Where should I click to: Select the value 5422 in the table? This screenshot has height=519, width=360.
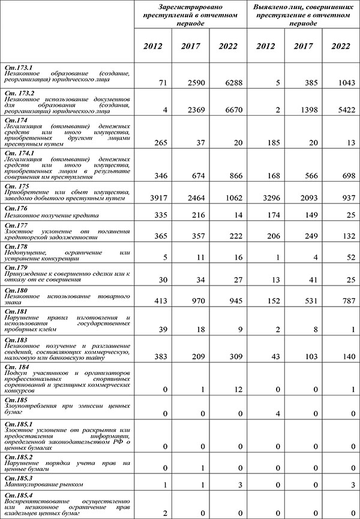343,111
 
